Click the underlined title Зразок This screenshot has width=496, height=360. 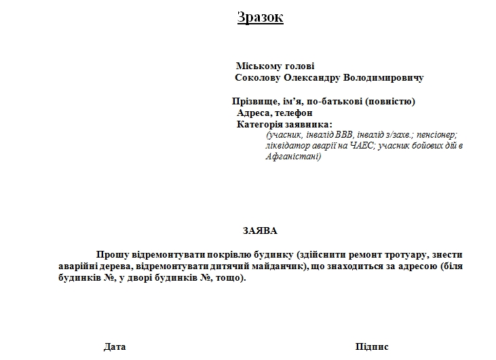[260, 18]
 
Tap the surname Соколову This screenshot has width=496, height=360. [257, 78]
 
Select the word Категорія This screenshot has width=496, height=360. [261, 124]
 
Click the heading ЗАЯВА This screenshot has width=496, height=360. [260, 231]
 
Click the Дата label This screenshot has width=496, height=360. [115, 346]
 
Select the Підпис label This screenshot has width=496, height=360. [372, 346]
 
